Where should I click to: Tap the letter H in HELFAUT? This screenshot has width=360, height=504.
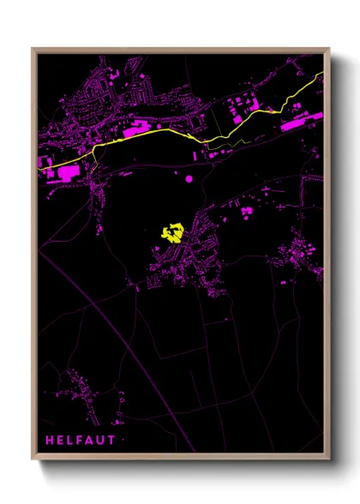pos(50,440)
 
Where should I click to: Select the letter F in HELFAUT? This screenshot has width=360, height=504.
pos(78,440)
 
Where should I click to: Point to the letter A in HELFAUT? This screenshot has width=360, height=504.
pos(87,440)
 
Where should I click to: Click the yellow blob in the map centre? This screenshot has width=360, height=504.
pos(172,232)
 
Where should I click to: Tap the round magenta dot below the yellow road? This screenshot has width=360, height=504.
pos(189,178)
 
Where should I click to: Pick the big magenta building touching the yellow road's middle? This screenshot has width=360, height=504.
pos(137,133)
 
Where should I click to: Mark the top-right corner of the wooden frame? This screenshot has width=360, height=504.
pos(328,50)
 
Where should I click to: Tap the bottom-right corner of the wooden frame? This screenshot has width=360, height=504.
pos(328,459)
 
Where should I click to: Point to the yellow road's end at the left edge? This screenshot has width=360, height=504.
pos(40,169)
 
